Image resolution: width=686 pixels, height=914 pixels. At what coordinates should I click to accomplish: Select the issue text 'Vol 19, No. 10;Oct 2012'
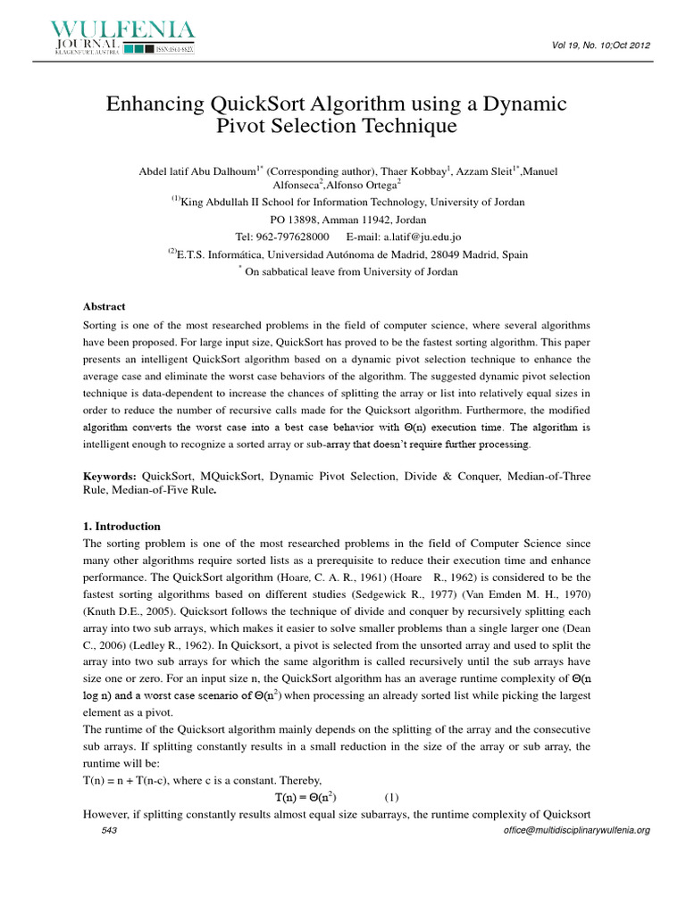(x=597, y=45)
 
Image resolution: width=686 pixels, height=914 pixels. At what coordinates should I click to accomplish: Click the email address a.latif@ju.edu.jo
(x=422, y=237)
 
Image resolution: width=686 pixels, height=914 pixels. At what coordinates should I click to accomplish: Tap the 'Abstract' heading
(x=105, y=306)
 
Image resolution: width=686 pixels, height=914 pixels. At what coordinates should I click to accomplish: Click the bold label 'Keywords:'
(x=111, y=477)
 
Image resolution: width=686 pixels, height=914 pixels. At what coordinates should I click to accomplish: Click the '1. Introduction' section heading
(x=121, y=526)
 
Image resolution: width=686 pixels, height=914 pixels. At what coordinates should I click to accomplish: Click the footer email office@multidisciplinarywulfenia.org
(x=577, y=830)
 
